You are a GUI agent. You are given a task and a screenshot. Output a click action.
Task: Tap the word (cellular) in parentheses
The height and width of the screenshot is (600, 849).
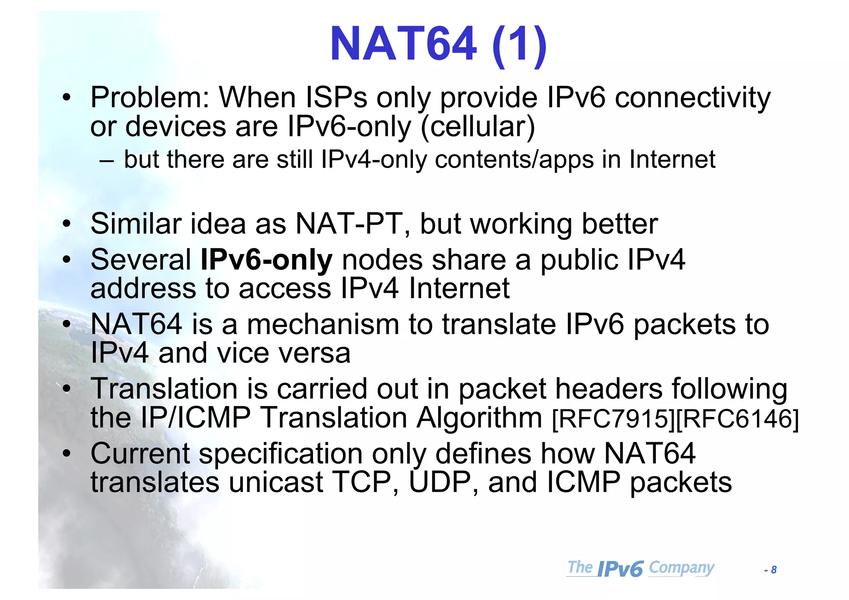478,127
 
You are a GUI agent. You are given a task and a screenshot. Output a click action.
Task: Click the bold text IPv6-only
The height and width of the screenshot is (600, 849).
266,260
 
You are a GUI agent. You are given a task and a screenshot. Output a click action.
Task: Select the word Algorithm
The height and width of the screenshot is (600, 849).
479,418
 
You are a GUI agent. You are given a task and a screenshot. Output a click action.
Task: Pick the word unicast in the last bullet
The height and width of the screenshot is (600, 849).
276,483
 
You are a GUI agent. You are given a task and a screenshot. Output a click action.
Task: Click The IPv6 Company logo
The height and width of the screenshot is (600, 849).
640,568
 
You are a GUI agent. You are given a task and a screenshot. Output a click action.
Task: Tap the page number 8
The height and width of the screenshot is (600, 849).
774,570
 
